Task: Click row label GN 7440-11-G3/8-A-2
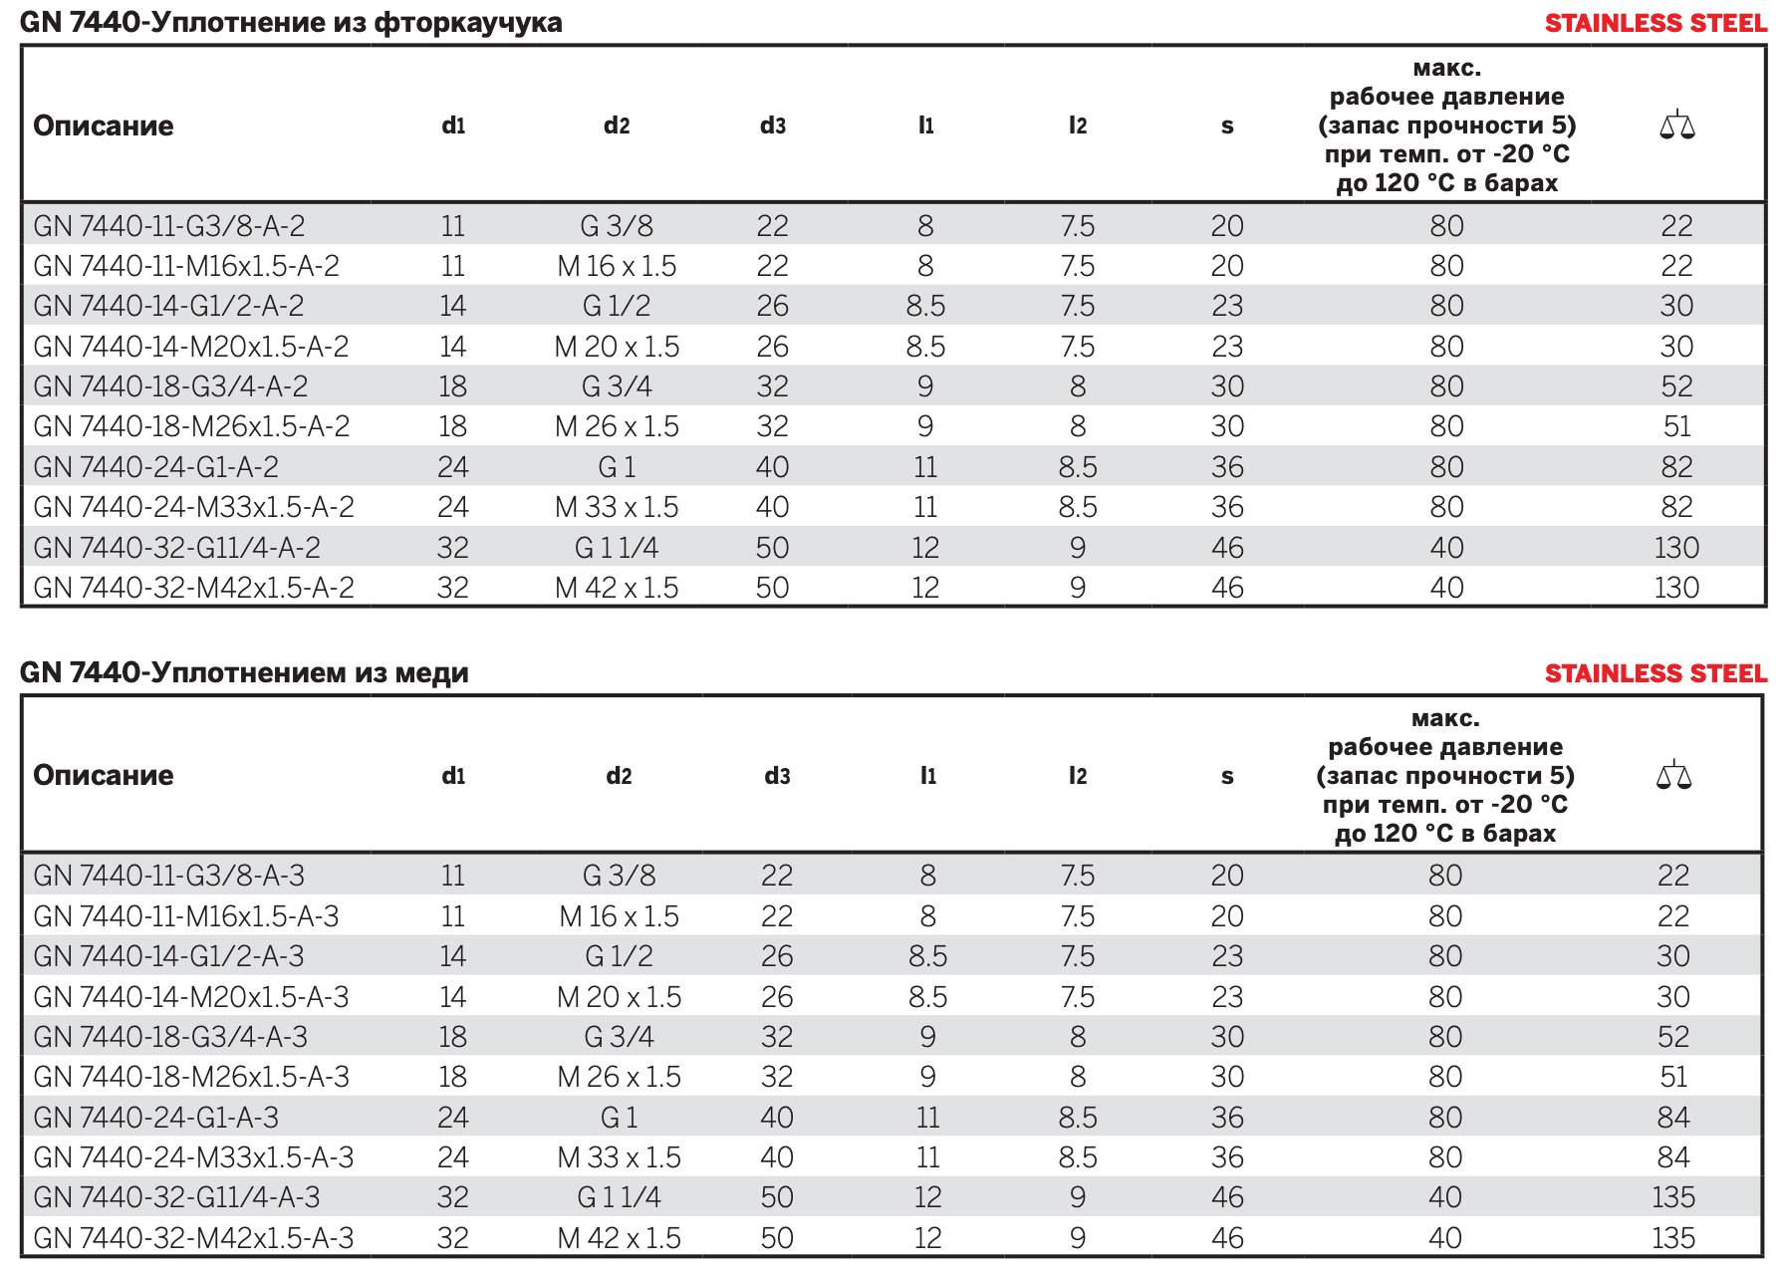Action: [x=169, y=226]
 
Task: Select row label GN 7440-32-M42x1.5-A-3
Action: [x=193, y=1238]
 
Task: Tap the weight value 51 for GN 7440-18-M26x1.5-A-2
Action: [x=1676, y=426]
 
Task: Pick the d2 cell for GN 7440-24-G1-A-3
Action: [x=619, y=1118]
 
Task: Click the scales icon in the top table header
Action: [x=1676, y=126]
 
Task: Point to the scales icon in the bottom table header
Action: [x=1673, y=775]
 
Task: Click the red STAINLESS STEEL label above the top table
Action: [x=1656, y=23]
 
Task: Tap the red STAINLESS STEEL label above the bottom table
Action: [x=1656, y=673]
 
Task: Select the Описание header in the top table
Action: [x=104, y=126]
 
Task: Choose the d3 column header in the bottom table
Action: [x=777, y=776]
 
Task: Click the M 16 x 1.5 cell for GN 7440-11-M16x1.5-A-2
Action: [x=617, y=266]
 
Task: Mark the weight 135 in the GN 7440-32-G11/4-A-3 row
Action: [x=1673, y=1197]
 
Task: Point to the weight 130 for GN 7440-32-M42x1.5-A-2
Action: [x=1676, y=588]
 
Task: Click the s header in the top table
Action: [x=1227, y=127]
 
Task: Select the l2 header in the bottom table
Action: [x=1078, y=776]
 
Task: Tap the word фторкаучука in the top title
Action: [x=468, y=22]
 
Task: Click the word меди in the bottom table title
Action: [x=432, y=673]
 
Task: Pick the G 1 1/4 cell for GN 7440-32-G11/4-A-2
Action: [x=617, y=548]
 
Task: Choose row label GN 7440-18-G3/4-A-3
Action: [x=170, y=1037]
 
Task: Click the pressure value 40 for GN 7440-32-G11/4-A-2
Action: [x=1446, y=548]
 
